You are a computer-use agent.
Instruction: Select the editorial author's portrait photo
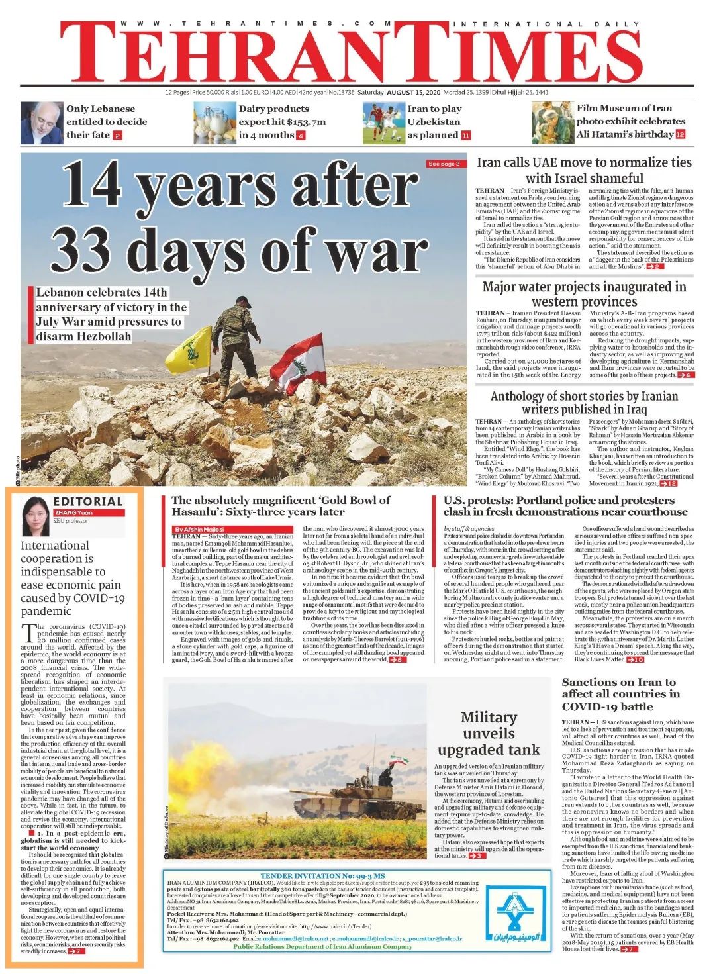point(36,516)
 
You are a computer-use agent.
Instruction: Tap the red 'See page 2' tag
point(444,164)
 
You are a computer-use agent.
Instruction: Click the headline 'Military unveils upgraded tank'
point(489,733)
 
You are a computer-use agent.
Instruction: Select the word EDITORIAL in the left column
point(88,502)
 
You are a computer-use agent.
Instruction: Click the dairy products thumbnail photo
point(214,122)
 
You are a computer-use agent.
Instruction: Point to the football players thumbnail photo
point(383,122)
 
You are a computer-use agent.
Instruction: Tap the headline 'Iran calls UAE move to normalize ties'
point(584,170)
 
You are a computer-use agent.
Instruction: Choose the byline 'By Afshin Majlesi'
point(199,529)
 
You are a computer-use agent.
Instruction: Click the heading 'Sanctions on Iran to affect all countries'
point(620,693)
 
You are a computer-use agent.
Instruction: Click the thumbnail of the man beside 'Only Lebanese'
point(41,122)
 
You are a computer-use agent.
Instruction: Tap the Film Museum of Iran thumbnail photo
point(551,122)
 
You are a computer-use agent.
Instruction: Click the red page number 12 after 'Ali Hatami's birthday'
point(680,134)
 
